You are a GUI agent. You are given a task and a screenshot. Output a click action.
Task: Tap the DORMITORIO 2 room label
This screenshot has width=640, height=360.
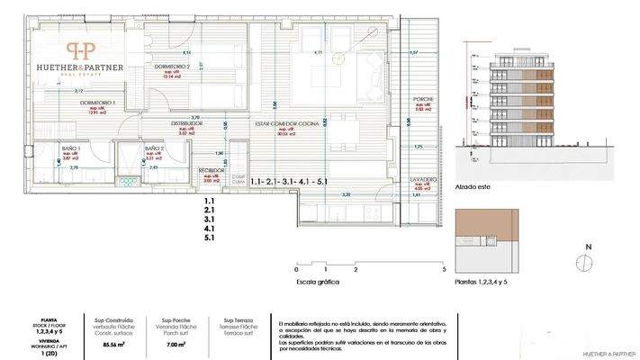172,67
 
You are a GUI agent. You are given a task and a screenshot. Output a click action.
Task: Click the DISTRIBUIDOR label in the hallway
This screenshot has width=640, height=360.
190,123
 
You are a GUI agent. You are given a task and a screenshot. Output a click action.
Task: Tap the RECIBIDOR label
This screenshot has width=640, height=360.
212,169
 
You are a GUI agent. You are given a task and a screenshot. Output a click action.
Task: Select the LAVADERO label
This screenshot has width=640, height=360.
424,178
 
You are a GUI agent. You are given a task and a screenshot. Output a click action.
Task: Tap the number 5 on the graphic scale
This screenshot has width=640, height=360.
444,269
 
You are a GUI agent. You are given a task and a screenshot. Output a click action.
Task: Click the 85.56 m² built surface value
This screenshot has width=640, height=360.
113,345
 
